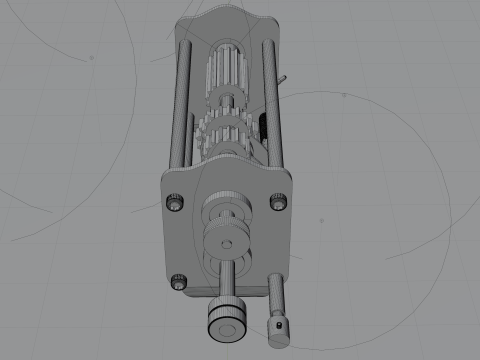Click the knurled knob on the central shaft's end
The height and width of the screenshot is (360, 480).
225,322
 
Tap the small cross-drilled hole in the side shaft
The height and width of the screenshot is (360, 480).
277,324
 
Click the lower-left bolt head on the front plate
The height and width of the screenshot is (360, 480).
179,283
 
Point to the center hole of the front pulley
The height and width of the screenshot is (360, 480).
226,244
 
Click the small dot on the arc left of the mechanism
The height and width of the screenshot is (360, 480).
92,58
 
